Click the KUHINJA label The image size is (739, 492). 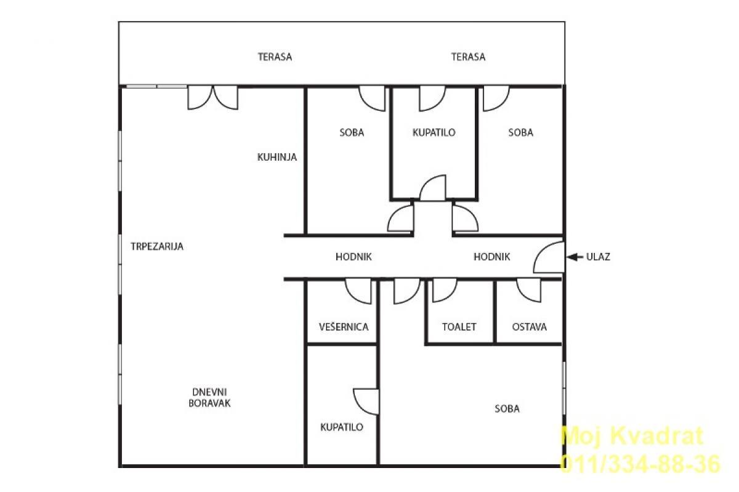pyautogui.click(x=277, y=157)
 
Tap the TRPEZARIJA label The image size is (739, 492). pyautogui.click(x=157, y=246)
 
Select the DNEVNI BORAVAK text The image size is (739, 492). pyautogui.click(x=209, y=398)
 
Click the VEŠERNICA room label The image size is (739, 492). pyautogui.click(x=344, y=327)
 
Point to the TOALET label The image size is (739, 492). pyautogui.click(x=459, y=327)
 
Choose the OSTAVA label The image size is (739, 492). pyautogui.click(x=529, y=327)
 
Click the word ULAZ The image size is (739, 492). pyautogui.click(x=598, y=257)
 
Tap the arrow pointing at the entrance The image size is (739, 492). pyautogui.click(x=575, y=257)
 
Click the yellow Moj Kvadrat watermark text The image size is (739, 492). pyautogui.click(x=632, y=436)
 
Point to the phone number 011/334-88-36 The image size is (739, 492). pyautogui.click(x=640, y=464)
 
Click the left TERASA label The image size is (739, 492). pyautogui.click(x=275, y=57)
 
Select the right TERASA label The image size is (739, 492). pyautogui.click(x=468, y=57)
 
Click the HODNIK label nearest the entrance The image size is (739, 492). pyautogui.click(x=492, y=257)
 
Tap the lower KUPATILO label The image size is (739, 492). pyautogui.click(x=342, y=427)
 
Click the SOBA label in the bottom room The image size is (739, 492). pyautogui.click(x=507, y=409)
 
